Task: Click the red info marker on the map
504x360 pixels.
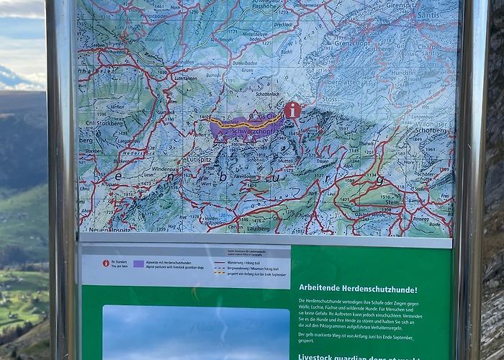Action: (292, 110)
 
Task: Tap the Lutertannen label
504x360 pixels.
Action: (185, 78)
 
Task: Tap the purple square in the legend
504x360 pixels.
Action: (138, 264)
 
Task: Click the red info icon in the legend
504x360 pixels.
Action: (107, 264)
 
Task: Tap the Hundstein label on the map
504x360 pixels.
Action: (424, 73)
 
